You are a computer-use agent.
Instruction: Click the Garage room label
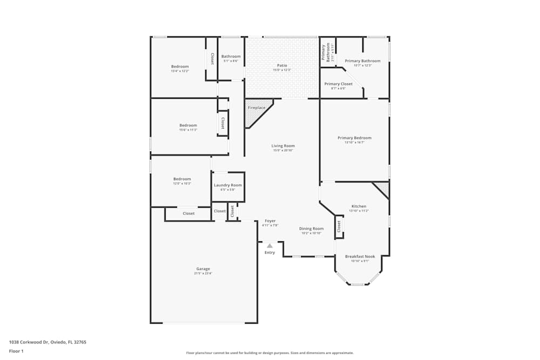coord(203,269)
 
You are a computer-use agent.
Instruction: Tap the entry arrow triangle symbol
coord(269,246)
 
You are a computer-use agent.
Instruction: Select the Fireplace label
coord(256,108)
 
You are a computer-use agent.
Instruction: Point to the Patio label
coord(282,66)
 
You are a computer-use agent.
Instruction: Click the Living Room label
coord(283,146)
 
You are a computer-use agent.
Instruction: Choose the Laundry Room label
coord(228,185)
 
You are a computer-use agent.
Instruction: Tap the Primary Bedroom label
coord(354,138)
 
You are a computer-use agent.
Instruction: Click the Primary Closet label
coord(339,84)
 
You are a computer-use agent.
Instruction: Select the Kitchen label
coord(359,206)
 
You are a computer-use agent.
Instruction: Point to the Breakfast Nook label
coord(360,256)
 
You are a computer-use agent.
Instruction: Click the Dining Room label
coord(311,229)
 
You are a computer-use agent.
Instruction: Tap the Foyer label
coord(270,221)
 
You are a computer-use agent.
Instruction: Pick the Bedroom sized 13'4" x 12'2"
coord(180,66)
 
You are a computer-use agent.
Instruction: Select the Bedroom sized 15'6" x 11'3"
coord(188,126)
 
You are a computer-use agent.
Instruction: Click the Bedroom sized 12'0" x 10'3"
coord(182,179)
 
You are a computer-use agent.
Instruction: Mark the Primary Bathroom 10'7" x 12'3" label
coord(362,61)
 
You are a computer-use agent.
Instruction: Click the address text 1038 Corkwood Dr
coord(48,342)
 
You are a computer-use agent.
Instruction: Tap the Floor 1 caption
coord(16,351)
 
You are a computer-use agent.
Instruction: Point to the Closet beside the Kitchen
coord(339,227)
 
